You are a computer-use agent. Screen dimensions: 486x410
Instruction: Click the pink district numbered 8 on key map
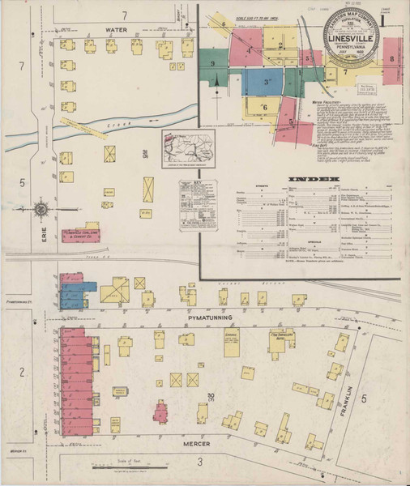coord(392,61)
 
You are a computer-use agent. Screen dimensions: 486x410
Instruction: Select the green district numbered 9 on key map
coord(212,64)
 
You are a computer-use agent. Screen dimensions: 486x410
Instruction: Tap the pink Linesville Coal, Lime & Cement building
coord(83,233)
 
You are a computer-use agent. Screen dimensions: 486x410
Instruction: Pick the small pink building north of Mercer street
coord(160,411)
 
